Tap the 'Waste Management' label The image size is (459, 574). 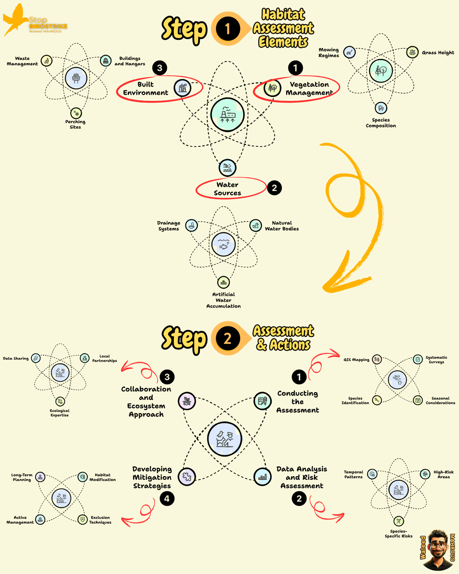click(22, 61)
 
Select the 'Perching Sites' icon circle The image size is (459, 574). click(76, 113)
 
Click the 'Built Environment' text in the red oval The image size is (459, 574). click(146, 88)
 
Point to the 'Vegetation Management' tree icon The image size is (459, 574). click(272, 88)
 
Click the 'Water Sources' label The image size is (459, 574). click(227, 189)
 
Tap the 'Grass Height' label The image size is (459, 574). click(438, 52)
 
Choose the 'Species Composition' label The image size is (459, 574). click(381, 123)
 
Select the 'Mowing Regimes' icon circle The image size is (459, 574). click(349, 52)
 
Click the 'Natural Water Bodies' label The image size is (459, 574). click(281, 226)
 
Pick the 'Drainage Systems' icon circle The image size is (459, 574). click(191, 225)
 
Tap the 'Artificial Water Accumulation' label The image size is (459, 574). click(223, 300)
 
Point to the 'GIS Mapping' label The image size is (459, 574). click(356, 360)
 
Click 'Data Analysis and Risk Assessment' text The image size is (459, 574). click(302, 477)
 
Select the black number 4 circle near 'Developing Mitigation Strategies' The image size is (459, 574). click(167, 498)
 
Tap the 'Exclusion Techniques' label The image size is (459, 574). click(100, 520)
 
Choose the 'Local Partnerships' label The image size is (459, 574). click(104, 358)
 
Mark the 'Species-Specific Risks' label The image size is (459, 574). click(398, 534)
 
